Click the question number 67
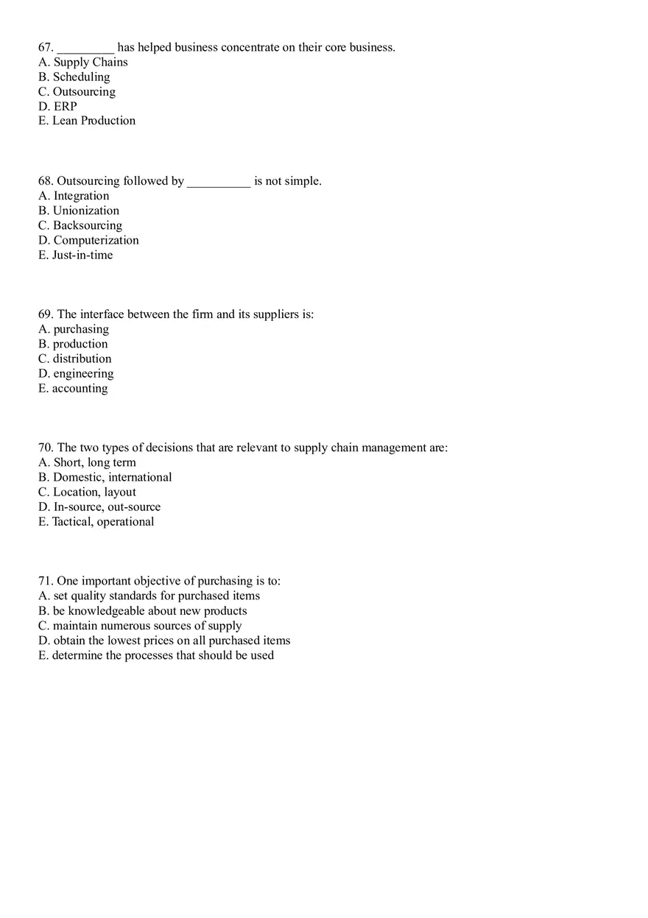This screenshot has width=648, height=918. pos(45,47)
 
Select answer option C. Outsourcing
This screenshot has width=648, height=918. pos(77,92)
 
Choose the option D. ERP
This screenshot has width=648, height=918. pos(57,107)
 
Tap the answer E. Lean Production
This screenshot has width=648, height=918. pos(87,121)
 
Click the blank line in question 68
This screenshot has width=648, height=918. pos(219,183)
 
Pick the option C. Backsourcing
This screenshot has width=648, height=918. pos(80,225)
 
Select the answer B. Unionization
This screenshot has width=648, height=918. pos(79,211)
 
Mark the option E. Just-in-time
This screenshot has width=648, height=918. pos(76,255)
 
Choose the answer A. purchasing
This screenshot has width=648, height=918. pos(74,329)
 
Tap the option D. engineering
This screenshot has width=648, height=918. pos(76,374)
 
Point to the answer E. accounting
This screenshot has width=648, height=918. pos(73,389)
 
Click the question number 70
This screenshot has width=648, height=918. pos(46,448)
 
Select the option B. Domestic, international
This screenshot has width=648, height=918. pos(105,477)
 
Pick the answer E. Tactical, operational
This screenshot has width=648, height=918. pos(96,522)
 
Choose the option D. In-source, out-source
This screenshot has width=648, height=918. pos(99,507)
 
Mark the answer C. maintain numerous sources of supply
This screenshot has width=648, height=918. pos(140,626)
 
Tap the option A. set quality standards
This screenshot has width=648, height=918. pos(149,596)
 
